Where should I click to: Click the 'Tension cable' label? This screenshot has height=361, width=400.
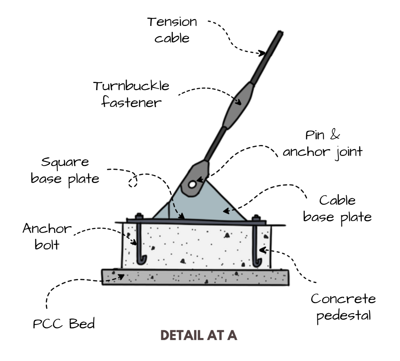(x=172, y=30)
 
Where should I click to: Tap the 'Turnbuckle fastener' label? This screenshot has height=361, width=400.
(x=131, y=94)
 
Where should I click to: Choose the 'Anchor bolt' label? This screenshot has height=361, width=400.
(x=47, y=236)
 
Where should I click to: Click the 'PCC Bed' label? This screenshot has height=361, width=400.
(x=64, y=323)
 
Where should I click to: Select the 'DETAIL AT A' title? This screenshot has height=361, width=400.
(x=199, y=335)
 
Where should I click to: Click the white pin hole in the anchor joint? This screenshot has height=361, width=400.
(x=192, y=184)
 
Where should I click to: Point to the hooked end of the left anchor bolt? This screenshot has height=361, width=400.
(x=142, y=260)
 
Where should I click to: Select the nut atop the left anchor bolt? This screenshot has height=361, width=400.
(x=139, y=216)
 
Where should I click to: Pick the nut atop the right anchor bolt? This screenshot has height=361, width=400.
(x=256, y=218)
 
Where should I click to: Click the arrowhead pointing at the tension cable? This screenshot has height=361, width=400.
(x=262, y=53)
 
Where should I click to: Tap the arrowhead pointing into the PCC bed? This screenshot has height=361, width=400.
(x=121, y=277)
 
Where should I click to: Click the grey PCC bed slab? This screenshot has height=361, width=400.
(x=195, y=277)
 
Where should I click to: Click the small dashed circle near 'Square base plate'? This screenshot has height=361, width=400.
(x=133, y=181)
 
